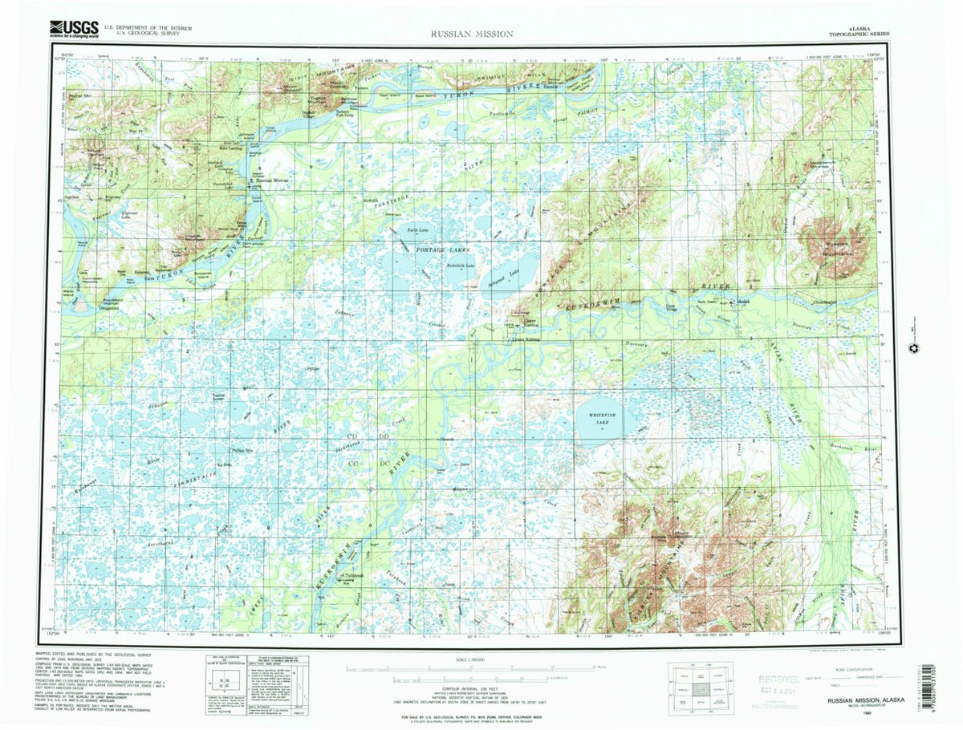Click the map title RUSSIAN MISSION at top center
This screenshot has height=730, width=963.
[471, 34]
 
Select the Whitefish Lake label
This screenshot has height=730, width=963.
[601, 418]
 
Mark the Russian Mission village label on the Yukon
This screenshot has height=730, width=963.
[272, 180]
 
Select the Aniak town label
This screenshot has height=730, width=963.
[744, 303]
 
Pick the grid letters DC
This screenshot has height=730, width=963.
[383, 463]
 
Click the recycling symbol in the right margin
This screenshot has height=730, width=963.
[912, 347]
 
